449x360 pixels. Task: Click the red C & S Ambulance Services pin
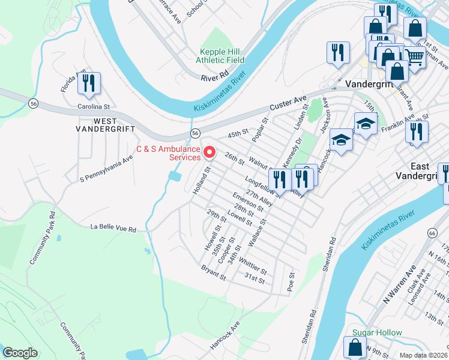click(x=209, y=153)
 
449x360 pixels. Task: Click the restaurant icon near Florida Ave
click(x=89, y=85)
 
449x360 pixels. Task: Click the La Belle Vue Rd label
click(x=113, y=228)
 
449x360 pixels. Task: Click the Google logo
click(x=20, y=353)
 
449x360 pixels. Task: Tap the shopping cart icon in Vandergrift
click(x=414, y=58)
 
